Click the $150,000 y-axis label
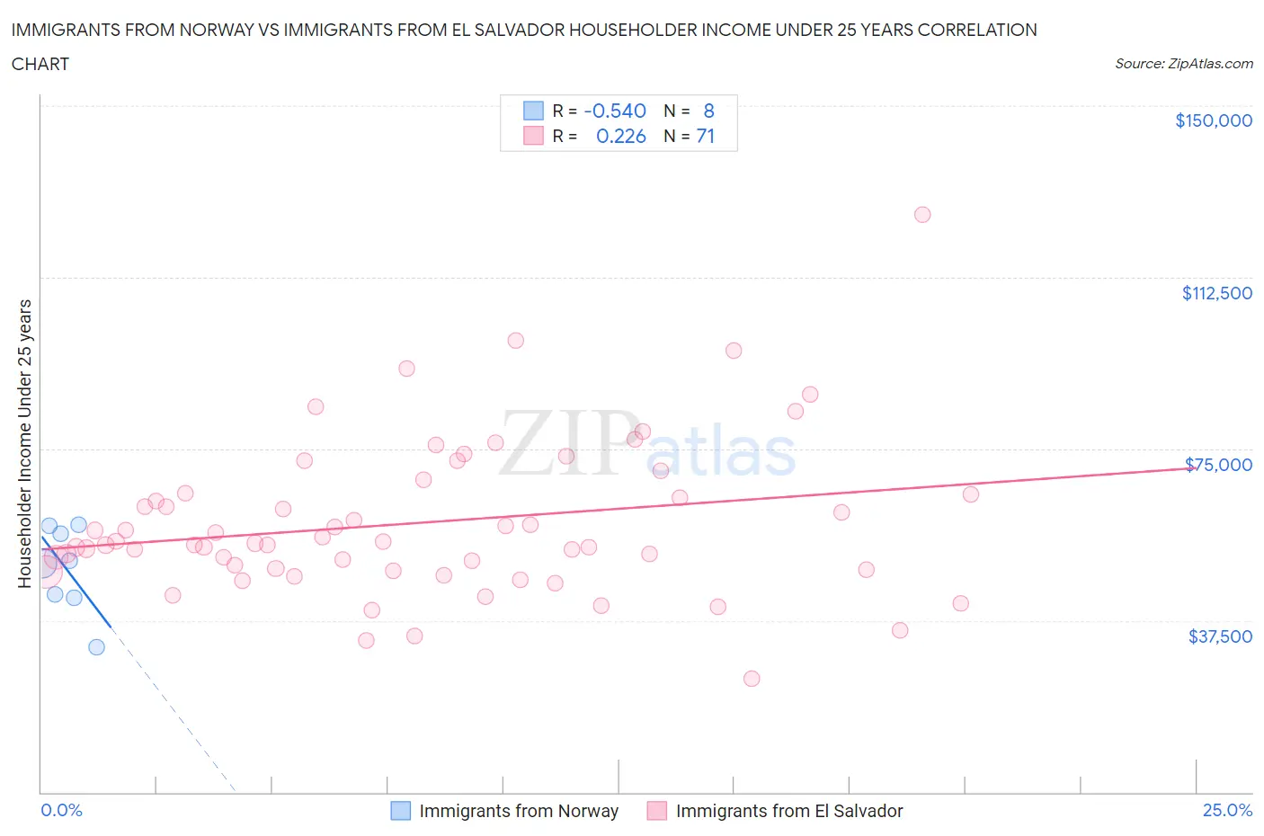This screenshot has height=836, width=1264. (1213, 120)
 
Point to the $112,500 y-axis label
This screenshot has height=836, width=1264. (1216, 293)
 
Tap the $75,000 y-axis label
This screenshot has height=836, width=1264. (1218, 465)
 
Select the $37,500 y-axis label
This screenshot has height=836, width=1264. (1219, 636)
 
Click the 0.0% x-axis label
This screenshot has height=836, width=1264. (61, 810)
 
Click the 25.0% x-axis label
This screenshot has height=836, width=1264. (1227, 810)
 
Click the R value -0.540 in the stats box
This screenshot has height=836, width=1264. (615, 111)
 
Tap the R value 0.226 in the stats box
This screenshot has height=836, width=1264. (620, 136)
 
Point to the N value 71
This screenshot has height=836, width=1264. (705, 136)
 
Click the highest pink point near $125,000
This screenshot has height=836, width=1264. (921, 215)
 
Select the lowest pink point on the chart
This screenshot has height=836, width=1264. (752, 679)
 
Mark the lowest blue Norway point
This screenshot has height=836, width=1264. (96, 647)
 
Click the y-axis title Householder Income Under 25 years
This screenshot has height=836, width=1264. (24, 443)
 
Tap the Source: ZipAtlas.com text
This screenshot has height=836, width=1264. (1183, 64)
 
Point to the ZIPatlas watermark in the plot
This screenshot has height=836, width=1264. (647, 443)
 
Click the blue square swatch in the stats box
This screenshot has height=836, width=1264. (533, 111)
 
